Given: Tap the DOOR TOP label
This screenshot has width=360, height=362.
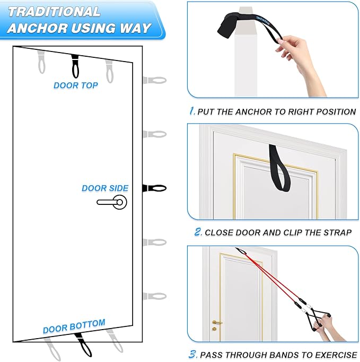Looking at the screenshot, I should click(x=76, y=85).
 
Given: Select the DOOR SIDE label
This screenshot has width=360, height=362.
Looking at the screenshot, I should click(x=105, y=188).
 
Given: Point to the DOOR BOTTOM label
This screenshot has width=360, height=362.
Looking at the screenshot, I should click(x=74, y=326).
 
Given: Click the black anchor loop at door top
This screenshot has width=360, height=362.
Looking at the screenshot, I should click(x=75, y=66).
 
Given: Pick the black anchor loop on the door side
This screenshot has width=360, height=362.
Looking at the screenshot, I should click(x=155, y=188).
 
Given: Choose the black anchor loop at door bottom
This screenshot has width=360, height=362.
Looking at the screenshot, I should click(x=83, y=344).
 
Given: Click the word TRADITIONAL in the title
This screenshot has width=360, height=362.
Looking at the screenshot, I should click(x=54, y=12).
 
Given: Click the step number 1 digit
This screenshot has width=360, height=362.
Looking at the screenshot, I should click(x=192, y=111).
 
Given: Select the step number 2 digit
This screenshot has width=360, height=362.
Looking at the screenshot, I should click(x=197, y=232).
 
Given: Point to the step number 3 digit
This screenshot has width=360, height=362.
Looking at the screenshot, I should click(x=193, y=354).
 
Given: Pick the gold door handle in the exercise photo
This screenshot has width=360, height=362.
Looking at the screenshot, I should click(x=216, y=322).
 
